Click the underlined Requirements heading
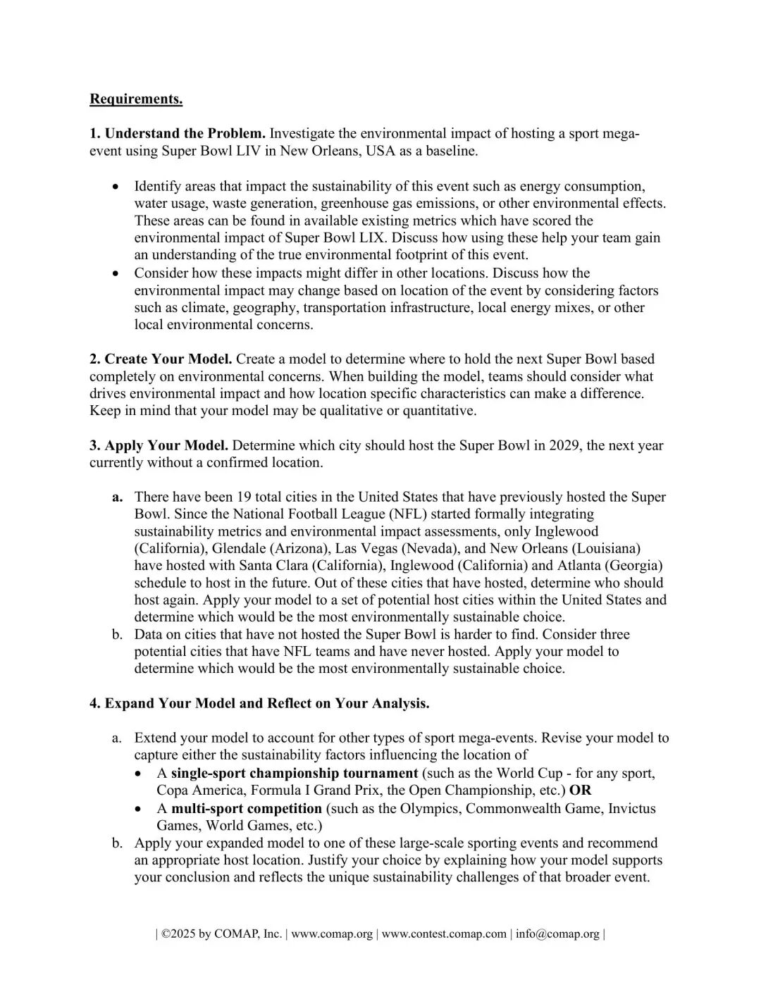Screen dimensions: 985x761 coord(136,99)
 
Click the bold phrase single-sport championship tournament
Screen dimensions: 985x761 coord(295,773)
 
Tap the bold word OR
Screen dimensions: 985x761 coord(581,790)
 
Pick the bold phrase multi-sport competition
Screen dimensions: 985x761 coord(246,808)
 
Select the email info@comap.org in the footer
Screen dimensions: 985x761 coord(557,934)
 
